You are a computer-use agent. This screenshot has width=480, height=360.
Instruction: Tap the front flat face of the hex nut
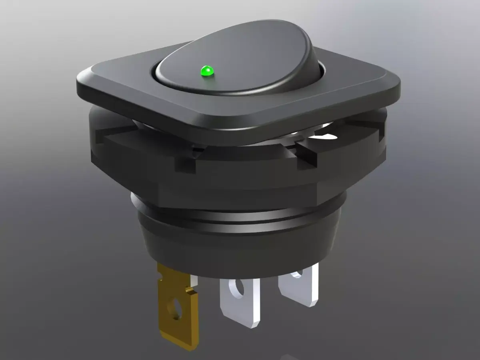[x=240, y=188]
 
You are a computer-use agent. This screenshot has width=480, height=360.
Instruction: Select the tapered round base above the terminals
[x=240, y=252]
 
